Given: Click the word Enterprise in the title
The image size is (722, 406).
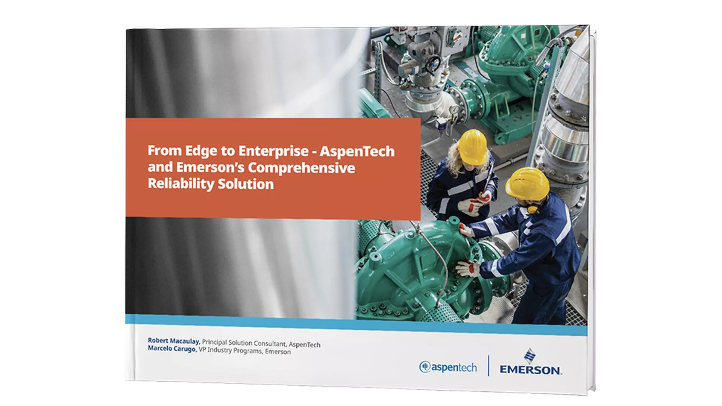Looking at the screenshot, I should [273, 151].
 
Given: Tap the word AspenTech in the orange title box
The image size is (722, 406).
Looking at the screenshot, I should [357, 152].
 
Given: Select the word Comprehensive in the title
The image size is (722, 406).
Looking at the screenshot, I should [301, 168].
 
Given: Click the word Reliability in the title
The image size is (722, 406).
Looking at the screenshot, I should [180, 184].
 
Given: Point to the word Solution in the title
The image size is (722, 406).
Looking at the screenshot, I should [246, 185].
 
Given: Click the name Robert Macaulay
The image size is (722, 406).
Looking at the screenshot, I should [173, 341].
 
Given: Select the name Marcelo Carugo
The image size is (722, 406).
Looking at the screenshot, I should [172, 349].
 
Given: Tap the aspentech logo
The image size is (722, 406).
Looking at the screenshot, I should [448, 367].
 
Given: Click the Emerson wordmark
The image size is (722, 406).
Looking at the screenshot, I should [530, 370].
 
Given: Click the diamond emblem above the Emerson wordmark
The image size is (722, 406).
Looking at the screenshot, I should [530, 356].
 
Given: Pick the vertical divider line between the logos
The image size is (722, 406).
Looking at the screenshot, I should [488, 366].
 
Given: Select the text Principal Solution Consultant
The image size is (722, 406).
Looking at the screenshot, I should [244, 343].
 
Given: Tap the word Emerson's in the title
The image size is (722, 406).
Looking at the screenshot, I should [210, 167].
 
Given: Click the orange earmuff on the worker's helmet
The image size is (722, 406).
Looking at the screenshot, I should [532, 209].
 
